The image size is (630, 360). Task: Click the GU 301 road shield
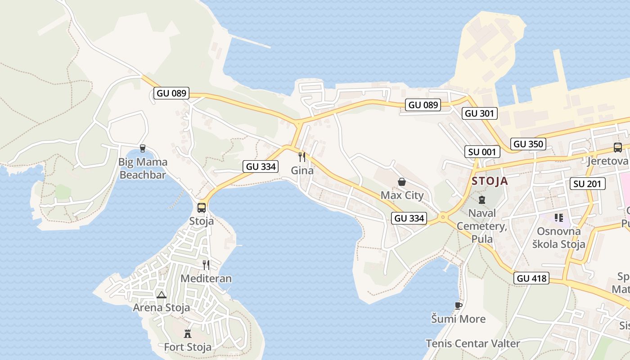pyautogui.click(x=479, y=113)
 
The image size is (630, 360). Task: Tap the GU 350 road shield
pyautogui.click(x=529, y=144)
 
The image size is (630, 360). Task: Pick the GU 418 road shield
pyautogui.click(x=532, y=278)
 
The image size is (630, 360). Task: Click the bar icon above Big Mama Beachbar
pyautogui.click(x=143, y=148)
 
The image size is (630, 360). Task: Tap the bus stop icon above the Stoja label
pyautogui.click(x=202, y=207)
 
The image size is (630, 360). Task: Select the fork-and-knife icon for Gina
pyautogui.click(x=302, y=157)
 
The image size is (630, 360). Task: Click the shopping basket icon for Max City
pyautogui.click(x=402, y=182)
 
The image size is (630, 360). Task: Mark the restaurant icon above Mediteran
pyautogui.click(x=206, y=265)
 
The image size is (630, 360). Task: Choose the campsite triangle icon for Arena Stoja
pyautogui.click(x=162, y=295)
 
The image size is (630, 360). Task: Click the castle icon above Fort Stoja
pyautogui.click(x=188, y=333)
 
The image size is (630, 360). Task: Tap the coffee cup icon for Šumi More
pyautogui.click(x=459, y=306)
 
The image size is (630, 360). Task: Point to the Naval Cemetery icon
pyautogui.click(x=482, y=199)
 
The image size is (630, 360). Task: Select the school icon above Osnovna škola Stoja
pyautogui.click(x=559, y=218)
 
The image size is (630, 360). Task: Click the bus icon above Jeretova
pyautogui.click(x=618, y=147)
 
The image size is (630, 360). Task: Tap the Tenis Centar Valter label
pyautogui.click(x=473, y=344)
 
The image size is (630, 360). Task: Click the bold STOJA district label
pyautogui.click(x=490, y=181)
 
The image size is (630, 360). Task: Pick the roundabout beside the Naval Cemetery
pyautogui.click(x=443, y=217)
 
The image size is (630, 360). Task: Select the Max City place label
pyautogui.click(x=402, y=195)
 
